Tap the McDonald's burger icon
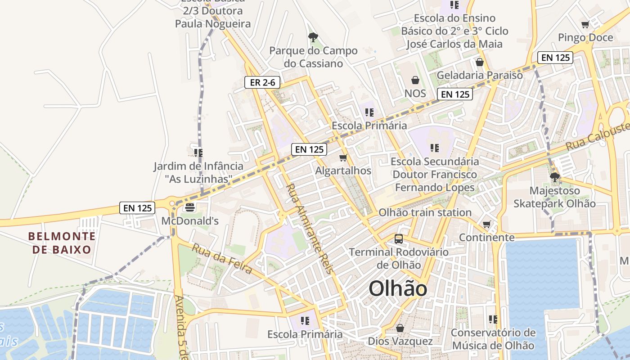(x=189, y=207)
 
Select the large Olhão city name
(x=398, y=288)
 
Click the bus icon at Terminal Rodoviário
(x=399, y=238)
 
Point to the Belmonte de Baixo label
(x=62, y=243)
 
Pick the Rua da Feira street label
(x=222, y=259)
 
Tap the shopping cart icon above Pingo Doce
(x=585, y=25)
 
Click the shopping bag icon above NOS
(x=415, y=80)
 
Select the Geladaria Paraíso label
(x=480, y=75)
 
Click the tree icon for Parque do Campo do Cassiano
(x=313, y=37)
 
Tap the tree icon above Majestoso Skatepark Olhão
(x=554, y=177)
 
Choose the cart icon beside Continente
(x=486, y=224)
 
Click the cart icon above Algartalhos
(x=343, y=158)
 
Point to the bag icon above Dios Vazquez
(x=400, y=328)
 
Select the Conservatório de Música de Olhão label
(x=493, y=339)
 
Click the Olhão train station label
(x=425, y=212)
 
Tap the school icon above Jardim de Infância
(x=198, y=153)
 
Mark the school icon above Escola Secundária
(x=434, y=148)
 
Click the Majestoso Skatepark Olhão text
(x=555, y=197)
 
